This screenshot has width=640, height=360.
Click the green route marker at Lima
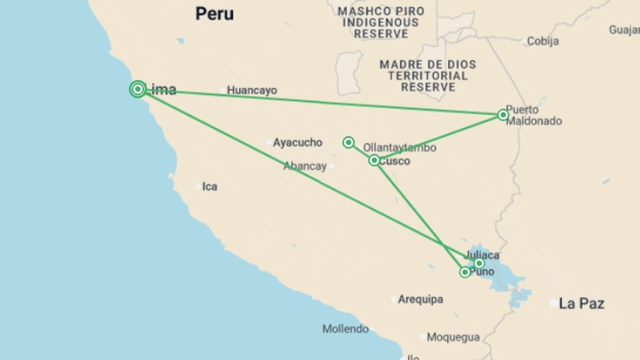[x=138, y=89]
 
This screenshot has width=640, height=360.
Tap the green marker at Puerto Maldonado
[x=503, y=115]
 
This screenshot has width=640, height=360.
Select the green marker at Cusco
[x=374, y=161]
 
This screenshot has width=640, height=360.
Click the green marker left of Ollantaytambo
[x=348, y=143]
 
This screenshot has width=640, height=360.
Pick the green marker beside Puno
[x=465, y=272]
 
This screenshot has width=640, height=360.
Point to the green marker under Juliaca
[x=479, y=264]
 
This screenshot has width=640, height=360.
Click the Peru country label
[x=214, y=14]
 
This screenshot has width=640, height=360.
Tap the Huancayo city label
[x=252, y=90]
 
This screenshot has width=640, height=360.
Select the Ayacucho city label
[x=297, y=143]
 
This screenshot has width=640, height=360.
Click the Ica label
[x=210, y=186]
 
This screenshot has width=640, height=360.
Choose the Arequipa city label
[x=420, y=299]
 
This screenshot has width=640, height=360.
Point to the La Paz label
[x=581, y=304]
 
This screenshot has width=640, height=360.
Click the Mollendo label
[x=345, y=329]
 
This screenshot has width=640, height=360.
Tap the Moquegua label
[x=453, y=337]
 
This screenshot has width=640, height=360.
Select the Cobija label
[x=543, y=41]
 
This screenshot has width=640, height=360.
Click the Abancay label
[x=305, y=166]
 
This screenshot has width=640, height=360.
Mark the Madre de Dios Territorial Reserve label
[x=428, y=76]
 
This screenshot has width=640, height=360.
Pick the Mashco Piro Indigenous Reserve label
[x=381, y=22]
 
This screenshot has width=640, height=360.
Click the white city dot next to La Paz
[x=553, y=304]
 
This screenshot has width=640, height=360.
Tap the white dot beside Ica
[x=198, y=186]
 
